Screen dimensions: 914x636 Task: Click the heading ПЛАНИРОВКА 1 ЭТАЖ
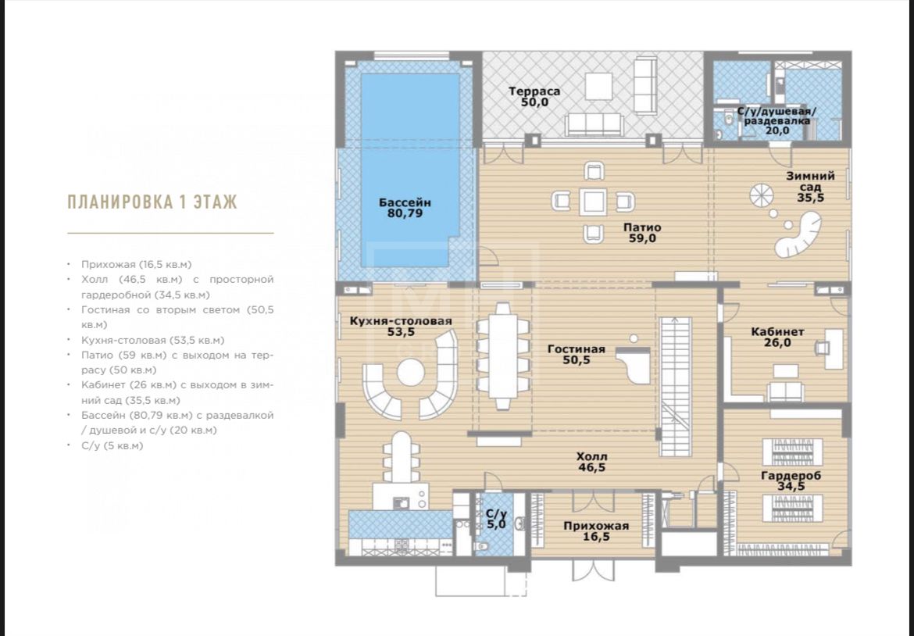pos(152,202)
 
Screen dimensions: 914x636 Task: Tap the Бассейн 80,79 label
pos(405,208)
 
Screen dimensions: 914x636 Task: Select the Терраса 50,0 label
pos(534,97)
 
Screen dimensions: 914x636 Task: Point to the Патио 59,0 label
pos(642,233)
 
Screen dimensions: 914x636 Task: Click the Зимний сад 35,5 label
pos(810,187)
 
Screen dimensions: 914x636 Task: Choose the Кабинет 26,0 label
pos(777,337)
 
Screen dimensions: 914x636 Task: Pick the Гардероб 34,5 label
pos(791,481)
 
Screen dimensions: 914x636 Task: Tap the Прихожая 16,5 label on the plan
pos(596,531)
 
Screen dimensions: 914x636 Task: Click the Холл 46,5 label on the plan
pos(591,462)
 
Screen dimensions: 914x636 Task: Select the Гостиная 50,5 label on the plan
pos(577,355)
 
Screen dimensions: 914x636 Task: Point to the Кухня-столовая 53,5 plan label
pos(401,327)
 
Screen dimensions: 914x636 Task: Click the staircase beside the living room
pos(676,387)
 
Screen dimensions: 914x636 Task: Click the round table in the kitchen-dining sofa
pos(411,372)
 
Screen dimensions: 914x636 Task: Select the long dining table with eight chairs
pos(502,356)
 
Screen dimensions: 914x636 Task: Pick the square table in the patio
pos(593,202)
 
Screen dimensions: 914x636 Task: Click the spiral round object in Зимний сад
pos(762,195)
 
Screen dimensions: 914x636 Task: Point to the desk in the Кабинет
pos(834,348)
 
